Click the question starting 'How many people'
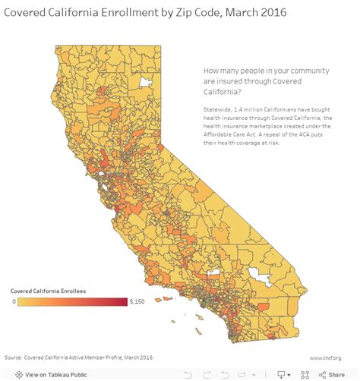point(251,78)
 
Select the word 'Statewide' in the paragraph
point(217,111)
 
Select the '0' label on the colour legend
point(13,302)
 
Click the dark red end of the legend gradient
point(124,302)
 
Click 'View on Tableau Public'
point(56,374)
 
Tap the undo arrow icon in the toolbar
point(188,374)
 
